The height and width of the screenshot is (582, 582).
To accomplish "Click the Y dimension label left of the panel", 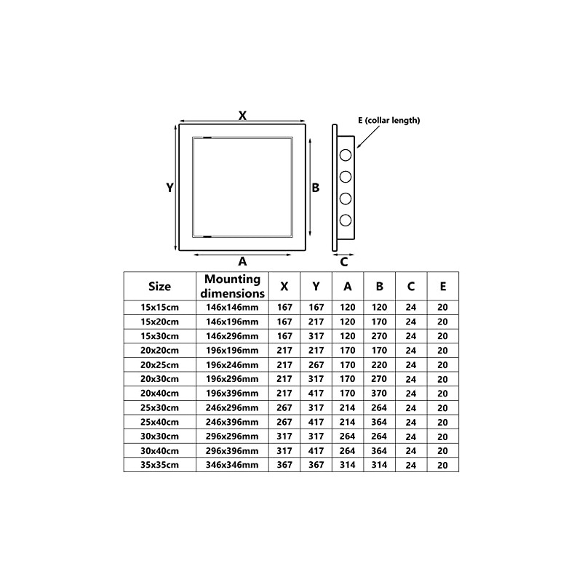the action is (x=170, y=187).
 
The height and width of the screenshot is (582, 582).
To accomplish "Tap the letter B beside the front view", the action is (x=316, y=187).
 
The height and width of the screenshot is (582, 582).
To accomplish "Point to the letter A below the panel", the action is (x=243, y=260).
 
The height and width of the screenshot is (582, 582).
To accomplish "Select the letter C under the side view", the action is (x=344, y=260).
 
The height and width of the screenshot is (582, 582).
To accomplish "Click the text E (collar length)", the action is (x=388, y=121).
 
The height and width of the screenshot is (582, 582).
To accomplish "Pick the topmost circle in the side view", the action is (x=346, y=154).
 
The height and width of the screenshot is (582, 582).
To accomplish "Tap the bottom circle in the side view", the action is (x=346, y=220).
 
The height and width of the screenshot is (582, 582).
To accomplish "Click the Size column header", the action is (x=159, y=286).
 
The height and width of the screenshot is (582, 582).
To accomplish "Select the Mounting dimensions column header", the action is (x=232, y=286).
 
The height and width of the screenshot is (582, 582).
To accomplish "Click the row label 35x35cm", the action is (x=159, y=464).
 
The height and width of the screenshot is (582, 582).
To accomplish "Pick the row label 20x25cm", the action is (x=159, y=364).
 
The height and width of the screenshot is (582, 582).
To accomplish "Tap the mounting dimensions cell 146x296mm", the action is (x=232, y=336).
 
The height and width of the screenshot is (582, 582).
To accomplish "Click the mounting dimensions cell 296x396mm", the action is (x=232, y=450).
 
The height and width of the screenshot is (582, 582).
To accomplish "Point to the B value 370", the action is (x=379, y=393).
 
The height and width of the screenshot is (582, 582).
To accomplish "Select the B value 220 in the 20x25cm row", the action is (x=379, y=364).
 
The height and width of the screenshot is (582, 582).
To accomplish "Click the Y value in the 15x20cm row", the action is (x=316, y=322).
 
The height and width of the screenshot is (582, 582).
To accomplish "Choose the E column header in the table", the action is (x=442, y=286).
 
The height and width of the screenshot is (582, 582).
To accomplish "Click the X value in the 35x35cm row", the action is (x=284, y=464).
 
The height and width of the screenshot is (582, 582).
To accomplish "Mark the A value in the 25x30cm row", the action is (x=348, y=407).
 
